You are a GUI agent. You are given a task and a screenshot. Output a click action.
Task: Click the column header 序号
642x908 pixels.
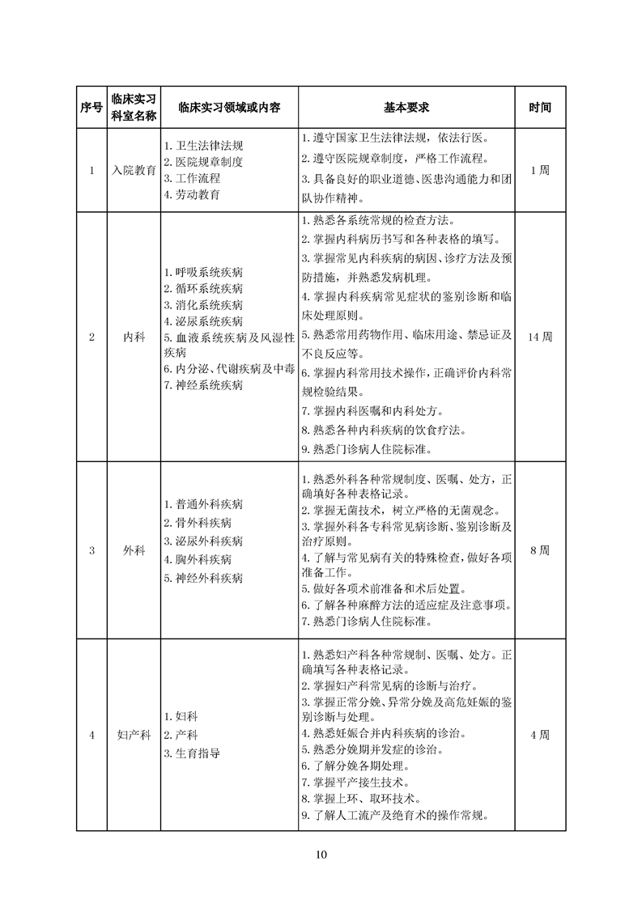91,108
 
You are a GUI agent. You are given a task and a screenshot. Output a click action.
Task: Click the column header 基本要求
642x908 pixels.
406,108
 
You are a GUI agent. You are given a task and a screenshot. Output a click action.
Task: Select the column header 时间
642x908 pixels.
540,108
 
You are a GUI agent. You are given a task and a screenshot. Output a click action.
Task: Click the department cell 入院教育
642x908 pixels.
134,171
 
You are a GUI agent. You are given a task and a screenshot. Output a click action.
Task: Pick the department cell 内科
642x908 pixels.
134,337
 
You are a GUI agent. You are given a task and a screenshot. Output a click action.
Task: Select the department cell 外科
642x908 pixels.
134,550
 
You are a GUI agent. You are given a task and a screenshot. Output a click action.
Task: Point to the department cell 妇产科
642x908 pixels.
134,735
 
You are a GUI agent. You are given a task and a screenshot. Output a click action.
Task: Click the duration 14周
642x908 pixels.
540,337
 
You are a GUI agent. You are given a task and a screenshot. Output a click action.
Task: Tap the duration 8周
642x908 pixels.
540,550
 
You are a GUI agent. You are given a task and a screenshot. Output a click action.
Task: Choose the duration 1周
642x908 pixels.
540,171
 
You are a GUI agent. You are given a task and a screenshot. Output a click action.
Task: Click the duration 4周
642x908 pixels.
540,735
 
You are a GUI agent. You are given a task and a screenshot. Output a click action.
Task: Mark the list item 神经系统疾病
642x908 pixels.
203,385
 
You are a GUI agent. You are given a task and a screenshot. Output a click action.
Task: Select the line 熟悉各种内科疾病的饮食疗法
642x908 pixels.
383,429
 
